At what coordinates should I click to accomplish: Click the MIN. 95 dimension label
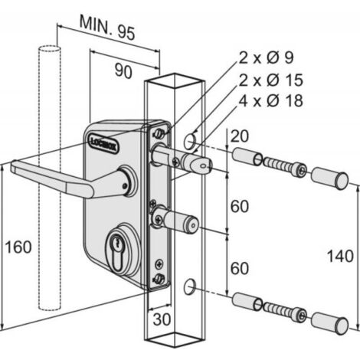click(x=107, y=28)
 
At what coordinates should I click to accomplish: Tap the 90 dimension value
click(x=123, y=71)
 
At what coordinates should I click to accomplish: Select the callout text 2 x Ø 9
click(x=267, y=57)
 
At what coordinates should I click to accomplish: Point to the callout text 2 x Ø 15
click(x=271, y=80)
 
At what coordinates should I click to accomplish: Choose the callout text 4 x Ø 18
click(x=271, y=100)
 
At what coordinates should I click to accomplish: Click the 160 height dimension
click(x=18, y=247)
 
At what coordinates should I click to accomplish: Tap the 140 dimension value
click(x=340, y=256)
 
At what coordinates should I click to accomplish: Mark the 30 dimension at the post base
click(x=162, y=319)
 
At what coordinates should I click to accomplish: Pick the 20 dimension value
click(x=239, y=136)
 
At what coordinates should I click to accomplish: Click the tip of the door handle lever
click(x=13, y=165)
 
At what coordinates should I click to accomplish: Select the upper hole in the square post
click(x=190, y=141)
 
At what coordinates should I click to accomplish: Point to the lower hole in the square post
click(x=189, y=287)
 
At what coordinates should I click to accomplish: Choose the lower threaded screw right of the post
click(x=285, y=311)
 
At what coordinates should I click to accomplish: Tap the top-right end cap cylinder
click(x=330, y=178)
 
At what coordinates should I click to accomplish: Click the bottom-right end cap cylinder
click(x=330, y=324)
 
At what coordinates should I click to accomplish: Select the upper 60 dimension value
click(x=240, y=206)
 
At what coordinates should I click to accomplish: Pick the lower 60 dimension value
click(x=240, y=268)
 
